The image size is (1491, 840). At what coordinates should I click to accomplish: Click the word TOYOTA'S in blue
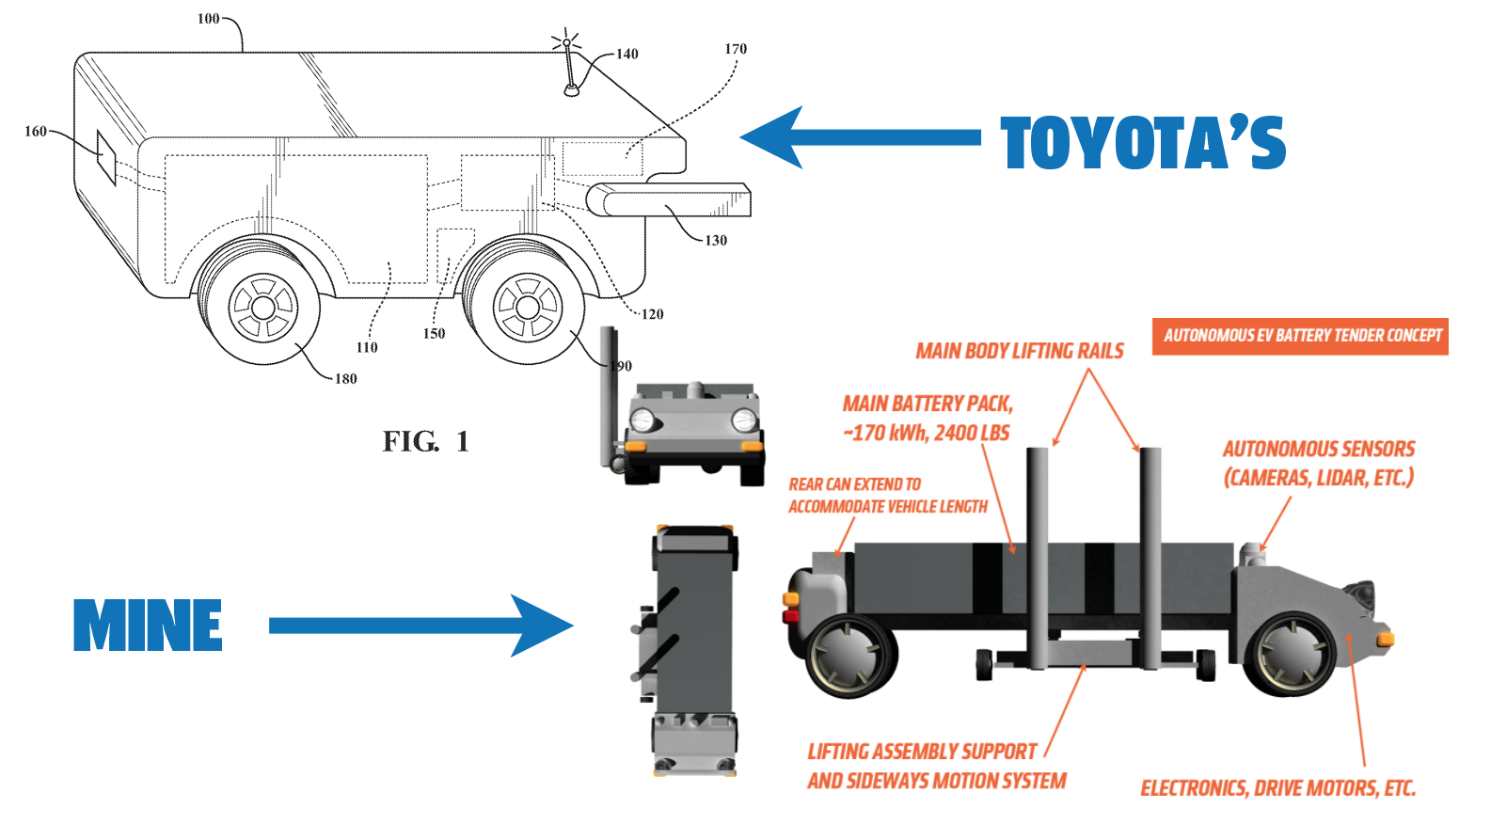pos(1142,144)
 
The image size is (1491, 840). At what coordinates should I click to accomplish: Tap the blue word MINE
pos(148,626)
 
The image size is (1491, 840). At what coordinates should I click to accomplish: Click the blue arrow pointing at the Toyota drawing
pos(860,137)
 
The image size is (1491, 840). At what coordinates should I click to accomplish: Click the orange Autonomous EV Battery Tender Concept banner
pos(1300,336)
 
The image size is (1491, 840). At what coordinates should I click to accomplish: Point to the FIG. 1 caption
pos(425,441)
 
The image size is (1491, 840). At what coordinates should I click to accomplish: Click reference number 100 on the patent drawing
pos(208,19)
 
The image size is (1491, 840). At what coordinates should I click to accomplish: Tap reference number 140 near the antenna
pos(627,54)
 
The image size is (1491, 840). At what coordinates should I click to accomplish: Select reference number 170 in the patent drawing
pos(736,49)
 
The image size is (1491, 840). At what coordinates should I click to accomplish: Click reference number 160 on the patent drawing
pos(35,132)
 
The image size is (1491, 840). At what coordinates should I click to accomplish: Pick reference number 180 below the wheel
pos(345,379)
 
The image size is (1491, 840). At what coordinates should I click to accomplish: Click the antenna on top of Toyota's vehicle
pos(569,66)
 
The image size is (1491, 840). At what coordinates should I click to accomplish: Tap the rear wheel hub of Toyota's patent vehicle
pos(263,307)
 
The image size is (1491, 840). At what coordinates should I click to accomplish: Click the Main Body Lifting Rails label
pos(1020,352)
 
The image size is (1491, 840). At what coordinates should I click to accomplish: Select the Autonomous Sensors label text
pos(1318,463)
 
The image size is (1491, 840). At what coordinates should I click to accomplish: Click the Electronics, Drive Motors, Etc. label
pos(1277,788)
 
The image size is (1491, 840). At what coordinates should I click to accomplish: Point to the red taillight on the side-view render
pos(791,616)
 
